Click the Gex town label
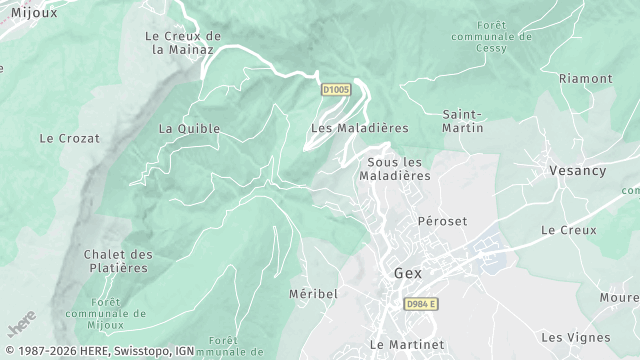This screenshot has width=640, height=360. [x=408, y=272]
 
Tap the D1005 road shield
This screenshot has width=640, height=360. [x=335, y=90]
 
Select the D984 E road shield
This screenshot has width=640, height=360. [x=420, y=304]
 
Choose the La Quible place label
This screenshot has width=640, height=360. [x=189, y=128]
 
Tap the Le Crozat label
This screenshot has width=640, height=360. [x=70, y=138]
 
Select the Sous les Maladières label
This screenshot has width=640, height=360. [x=398, y=169]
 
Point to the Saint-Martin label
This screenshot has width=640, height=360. [x=463, y=121]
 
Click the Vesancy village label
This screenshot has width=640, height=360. [x=577, y=171]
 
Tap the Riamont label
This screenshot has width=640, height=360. [x=585, y=78]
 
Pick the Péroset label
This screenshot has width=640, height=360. [x=442, y=221]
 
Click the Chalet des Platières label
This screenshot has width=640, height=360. [x=117, y=261]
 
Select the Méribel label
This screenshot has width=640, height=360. [x=313, y=294]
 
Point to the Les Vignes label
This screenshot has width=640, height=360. [x=574, y=337]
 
